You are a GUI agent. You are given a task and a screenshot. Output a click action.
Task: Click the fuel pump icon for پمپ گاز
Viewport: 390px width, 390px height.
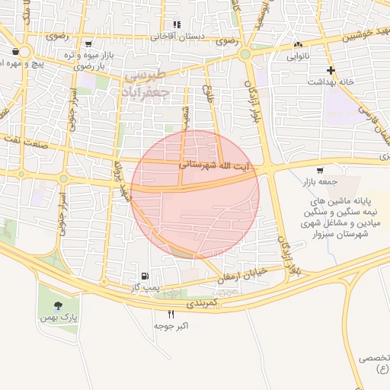point(144,275)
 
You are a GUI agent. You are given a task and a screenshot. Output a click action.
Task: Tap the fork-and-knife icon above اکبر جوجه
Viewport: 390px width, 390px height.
point(171,314)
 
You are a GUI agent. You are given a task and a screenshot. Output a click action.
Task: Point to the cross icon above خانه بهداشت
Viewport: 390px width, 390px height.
point(331,70)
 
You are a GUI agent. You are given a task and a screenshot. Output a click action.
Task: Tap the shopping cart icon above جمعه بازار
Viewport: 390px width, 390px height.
point(318,171)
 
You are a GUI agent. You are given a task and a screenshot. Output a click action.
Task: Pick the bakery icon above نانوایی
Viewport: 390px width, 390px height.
point(297,45)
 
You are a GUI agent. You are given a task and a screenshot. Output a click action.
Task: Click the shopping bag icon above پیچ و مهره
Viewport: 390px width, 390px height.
point(16,52)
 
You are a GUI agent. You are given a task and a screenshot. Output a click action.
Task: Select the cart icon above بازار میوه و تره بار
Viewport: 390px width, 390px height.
point(88,44)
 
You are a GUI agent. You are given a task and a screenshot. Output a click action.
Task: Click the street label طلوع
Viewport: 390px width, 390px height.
point(206,94)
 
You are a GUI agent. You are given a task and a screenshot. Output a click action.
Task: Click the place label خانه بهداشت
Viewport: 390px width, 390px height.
point(332,82)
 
